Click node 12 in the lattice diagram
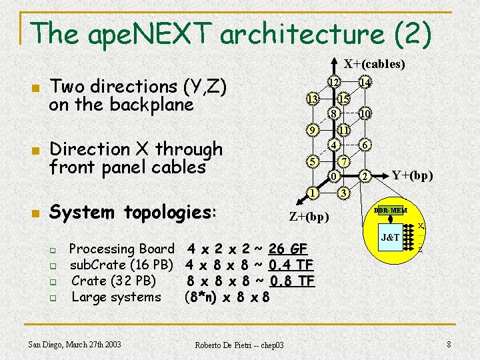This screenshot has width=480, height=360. (336, 82)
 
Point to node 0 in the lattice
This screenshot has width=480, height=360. (335, 176)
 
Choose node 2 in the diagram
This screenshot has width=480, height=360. (364, 176)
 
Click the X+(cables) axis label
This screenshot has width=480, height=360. (374, 64)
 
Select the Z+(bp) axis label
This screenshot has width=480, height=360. (309, 217)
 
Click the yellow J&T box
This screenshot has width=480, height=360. (390, 237)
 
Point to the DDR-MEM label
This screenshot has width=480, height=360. (390, 211)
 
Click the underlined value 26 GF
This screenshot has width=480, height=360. (287, 249)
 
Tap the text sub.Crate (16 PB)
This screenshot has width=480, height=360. (121, 265)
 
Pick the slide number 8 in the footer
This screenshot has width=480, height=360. (449, 344)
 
